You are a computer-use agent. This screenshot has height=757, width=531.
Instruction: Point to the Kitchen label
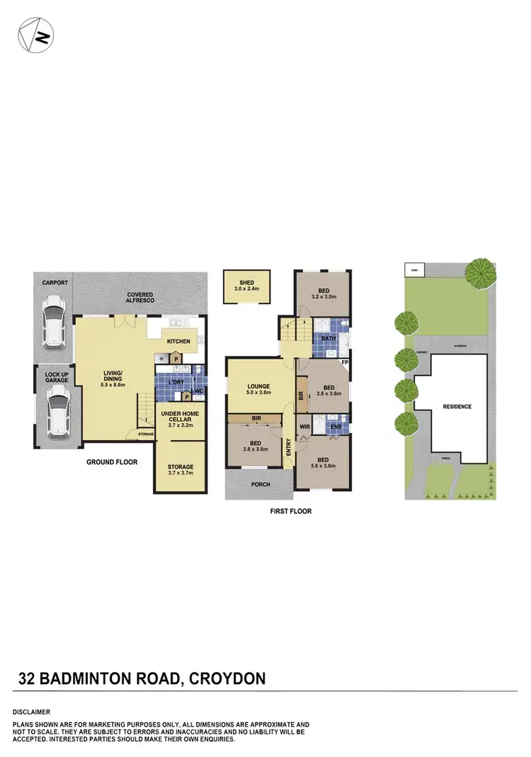pyautogui.click(x=178, y=342)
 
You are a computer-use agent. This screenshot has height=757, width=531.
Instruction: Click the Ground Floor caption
pyautogui.click(x=112, y=462)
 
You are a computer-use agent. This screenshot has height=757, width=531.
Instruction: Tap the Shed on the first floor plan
pyautogui.click(x=247, y=286)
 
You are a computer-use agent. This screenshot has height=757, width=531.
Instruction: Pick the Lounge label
pyautogui.click(x=258, y=386)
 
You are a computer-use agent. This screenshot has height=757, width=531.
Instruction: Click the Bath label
pyautogui.click(x=329, y=338)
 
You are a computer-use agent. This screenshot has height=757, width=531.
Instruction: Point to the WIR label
pyautogui.click(x=305, y=427)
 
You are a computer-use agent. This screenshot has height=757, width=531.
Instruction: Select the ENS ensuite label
pyautogui.click(x=336, y=427)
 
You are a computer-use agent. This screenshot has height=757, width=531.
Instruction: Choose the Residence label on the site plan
pyautogui.click(x=457, y=407)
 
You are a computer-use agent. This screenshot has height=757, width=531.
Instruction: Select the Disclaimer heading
pyautogui.click(x=31, y=712)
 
